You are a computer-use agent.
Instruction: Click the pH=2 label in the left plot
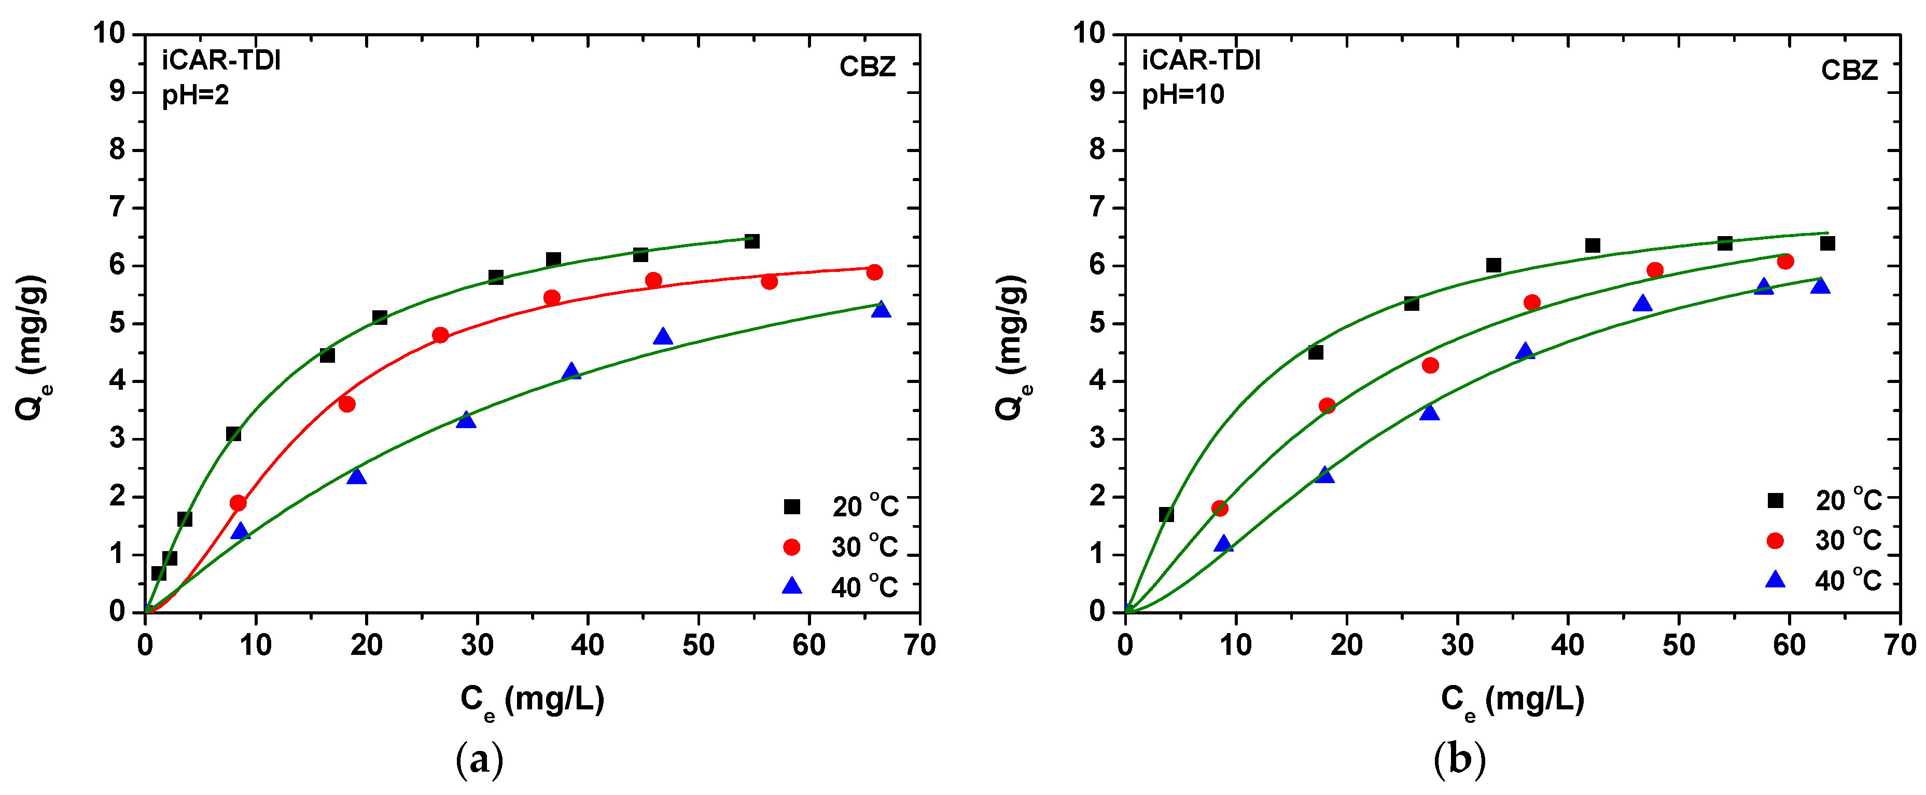(195, 95)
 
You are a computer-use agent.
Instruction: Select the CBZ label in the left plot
(867, 67)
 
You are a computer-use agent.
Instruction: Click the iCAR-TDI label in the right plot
(1200, 60)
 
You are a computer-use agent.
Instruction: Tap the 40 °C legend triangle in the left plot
(792, 585)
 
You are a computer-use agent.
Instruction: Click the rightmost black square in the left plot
(752, 241)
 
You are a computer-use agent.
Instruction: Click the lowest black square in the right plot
(1166, 515)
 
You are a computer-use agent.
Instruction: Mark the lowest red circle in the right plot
(1220, 509)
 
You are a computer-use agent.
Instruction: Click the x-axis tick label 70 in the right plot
(1899, 645)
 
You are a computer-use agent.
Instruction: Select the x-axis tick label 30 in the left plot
(477, 645)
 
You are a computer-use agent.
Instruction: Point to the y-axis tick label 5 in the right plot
(1097, 323)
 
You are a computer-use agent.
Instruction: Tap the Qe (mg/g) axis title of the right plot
(1012, 348)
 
